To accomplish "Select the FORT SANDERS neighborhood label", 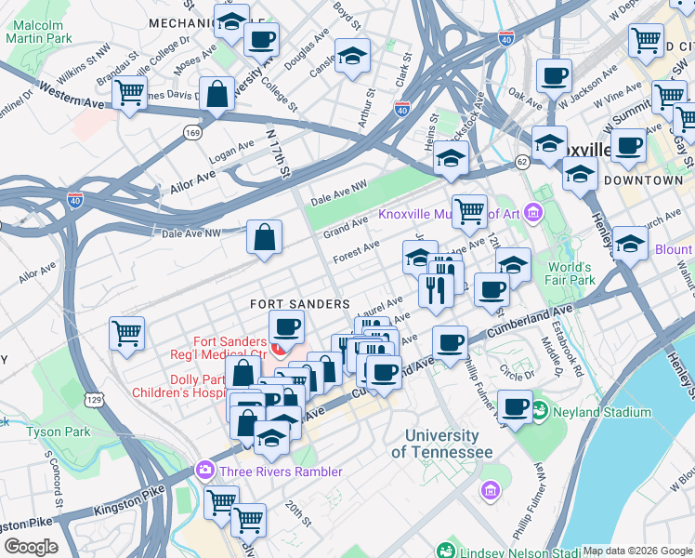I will click(299, 304).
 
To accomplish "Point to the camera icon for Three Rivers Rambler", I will click(203, 472).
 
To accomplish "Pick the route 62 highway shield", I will click(523, 163).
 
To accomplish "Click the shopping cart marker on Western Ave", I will click(129, 92).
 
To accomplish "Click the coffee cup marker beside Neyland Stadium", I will click(515, 405).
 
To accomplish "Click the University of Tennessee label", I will click(441, 444).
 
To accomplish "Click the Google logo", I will click(31, 547).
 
